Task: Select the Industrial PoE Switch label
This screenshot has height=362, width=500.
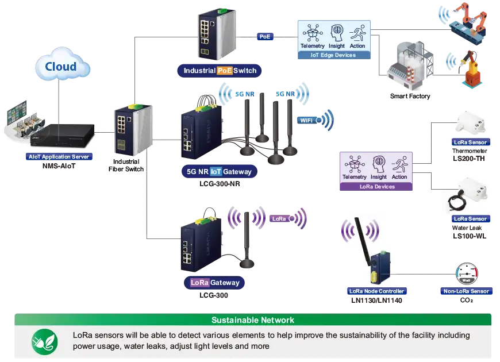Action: [x=220, y=71]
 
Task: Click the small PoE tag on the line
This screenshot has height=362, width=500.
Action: [x=264, y=37]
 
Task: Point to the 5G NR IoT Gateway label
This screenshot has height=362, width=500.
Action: [x=216, y=171]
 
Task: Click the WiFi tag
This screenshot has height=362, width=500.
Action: [x=306, y=120]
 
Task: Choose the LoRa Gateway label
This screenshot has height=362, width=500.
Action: [x=216, y=283]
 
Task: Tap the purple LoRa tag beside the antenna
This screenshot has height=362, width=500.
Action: [x=279, y=219]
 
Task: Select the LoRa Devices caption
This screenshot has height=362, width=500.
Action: [x=377, y=187]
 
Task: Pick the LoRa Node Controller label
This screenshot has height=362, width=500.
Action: [x=377, y=291]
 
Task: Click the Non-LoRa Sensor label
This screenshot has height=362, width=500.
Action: [x=466, y=291]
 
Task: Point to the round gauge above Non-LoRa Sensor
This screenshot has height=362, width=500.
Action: [x=467, y=274]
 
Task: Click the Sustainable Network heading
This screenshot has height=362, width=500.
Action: [x=253, y=320]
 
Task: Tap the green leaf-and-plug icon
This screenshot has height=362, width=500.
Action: [x=44, y=341]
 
